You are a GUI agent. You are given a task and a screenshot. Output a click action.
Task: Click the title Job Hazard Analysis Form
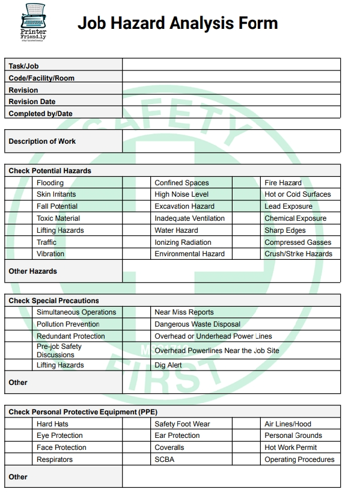177,23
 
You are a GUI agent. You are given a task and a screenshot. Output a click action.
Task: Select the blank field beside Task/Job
231,65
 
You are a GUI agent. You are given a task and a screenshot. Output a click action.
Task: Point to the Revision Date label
32,102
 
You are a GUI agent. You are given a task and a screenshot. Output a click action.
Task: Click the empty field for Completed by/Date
231,113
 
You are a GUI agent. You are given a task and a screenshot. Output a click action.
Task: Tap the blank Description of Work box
231,141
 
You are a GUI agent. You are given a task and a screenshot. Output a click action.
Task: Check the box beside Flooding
19,183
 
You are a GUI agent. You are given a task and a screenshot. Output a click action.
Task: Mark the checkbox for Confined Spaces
137,183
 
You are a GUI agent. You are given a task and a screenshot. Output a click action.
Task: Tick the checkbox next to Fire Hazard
247,183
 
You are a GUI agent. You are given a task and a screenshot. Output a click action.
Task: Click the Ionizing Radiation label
183,242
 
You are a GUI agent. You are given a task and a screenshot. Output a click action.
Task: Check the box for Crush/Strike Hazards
247,254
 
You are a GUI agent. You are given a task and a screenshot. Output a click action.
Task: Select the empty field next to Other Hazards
231,271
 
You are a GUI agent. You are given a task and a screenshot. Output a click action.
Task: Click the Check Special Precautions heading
54,300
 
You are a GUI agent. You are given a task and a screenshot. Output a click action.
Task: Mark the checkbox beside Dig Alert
137,365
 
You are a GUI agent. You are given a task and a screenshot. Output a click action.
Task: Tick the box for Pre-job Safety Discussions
19,351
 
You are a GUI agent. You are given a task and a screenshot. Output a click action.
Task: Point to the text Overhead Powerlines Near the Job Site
217,351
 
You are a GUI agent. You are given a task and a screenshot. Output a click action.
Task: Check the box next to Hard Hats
19,424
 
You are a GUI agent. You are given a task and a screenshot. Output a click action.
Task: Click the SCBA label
164,460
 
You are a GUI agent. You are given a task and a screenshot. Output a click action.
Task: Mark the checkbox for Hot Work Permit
247,447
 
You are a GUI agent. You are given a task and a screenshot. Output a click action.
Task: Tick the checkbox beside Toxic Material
19,218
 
